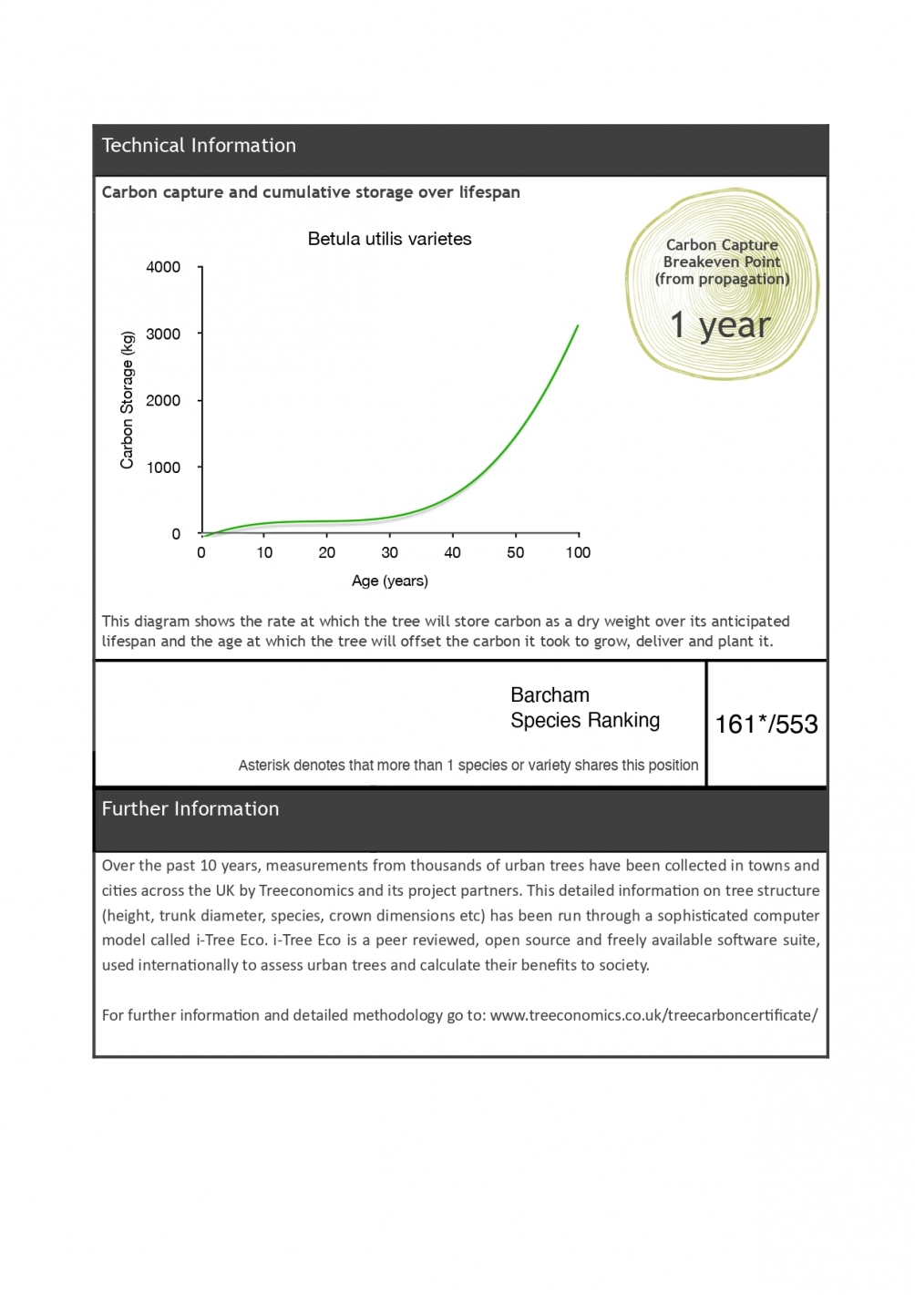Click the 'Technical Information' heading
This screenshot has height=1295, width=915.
pyautogui.click(x=199, y=146)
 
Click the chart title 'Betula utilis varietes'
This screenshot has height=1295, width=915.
pyautogui.click(x=389, y=240)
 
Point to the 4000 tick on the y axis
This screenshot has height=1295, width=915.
pyautogui.click(x=163, y=267)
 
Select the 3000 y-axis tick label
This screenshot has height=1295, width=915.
pyautogui.click(x=163, y=334)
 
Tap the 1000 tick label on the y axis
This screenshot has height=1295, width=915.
pyautogui.click(x=163, y=468)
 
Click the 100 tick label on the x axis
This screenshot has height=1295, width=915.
pyautogui.click(x=578, y=553)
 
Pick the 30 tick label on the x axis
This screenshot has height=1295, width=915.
pyautogui.click(x=389, y=553)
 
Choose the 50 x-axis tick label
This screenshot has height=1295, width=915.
pyautogui.click(x=515, y=553)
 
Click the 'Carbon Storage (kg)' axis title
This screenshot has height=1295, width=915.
pyautogui.click(x=128, y=400)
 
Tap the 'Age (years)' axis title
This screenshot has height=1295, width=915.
pyautogui.click(x=389, y=581)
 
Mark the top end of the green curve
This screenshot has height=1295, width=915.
pyautogui.click(x=578, y=325)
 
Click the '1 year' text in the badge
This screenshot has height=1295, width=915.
pyautogui.click(x=720, y=325)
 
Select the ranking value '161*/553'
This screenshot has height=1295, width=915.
pyautogui.click(x=766, y=725)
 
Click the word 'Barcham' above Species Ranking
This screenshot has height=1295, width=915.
pyautogui.click(x=550, y=695)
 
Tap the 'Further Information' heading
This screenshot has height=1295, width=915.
pyautogui.click(x=190, y=809)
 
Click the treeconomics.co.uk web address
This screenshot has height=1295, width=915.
pyautogui.click(x=653, y=1015)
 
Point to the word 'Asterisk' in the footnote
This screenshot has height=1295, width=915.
pyautogui.click(x=264, y=766)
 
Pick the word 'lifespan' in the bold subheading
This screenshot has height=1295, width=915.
pyautogui.click(x=489, y=192)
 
